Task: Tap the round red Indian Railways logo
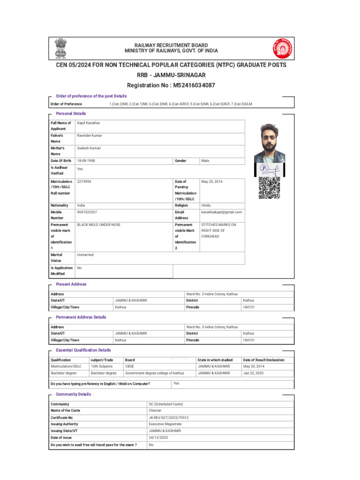click(x=282, y=48)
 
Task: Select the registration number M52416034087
click(x=171, y=85)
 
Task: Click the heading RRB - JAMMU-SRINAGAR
click(x=171, y=75)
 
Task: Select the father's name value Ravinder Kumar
click(x=90, y=135)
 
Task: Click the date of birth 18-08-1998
click(x=86, y=161)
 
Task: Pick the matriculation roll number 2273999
click(x=84, y=181)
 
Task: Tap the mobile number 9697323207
click(x=87, y=212)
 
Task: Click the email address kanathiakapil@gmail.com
click(x=221, y=212)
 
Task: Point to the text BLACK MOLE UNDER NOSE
click(x=98, y=225)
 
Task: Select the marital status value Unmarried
click(x=85, y=255)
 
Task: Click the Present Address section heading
click(x=71, y=284)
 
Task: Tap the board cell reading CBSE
click(x=130, y=366)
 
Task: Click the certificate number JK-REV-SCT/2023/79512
click(x=169, y=417)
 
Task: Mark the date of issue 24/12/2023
click(x=158, y=437)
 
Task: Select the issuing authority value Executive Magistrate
click(x=166, y=424)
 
